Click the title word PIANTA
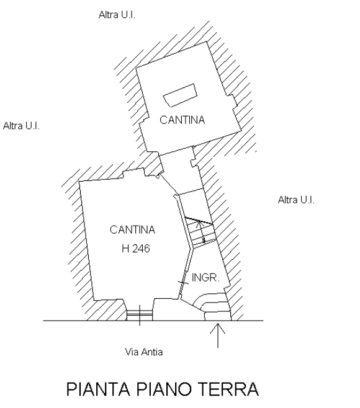click(x=98, y=389)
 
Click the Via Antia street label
click(x=144, y=352)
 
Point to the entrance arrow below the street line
click(x=217, y=335)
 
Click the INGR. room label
click(x=205, y=278)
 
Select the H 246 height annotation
click(x=136, y=249)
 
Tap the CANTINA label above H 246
click(x=132, y=230)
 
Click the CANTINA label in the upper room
click(x=182, y=120)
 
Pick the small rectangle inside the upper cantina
click(x=180, y=95)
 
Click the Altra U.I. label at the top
click(x=117, y=15)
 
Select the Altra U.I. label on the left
click(x=21, y=126)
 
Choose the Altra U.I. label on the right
click(x=296, y=200)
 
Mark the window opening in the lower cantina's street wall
click(x=140, y=315)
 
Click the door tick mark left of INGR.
click(x=183, y=283)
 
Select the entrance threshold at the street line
click(x=217, y=316)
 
